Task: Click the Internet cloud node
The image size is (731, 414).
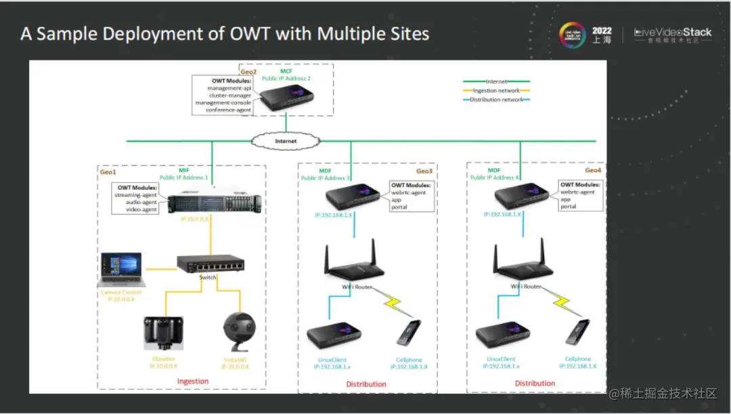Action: click(x=286, y=141)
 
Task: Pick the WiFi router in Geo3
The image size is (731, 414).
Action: click(x=351, y=261)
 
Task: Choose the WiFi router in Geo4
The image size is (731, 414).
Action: click(x=520, y=261)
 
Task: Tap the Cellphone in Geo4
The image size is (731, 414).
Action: click(x=578, y=334)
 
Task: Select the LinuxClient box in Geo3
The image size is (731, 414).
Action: click(x=333, y=334)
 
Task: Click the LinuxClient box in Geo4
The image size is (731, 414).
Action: click(x=502, y=335)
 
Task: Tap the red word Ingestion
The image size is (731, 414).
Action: click(x=193, y=381)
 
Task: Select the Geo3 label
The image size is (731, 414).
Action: click(x=424, y=171)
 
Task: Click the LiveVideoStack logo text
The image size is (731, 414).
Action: click(x=673, y=32)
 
